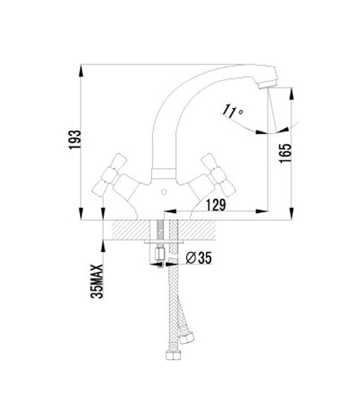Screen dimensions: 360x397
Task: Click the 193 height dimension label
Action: [75, 140]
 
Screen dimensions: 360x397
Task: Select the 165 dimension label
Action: [285, 154]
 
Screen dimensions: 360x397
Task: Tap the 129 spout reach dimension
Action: [216, 205]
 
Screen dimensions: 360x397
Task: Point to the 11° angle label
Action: [233, 110]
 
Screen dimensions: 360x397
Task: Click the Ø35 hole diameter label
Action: [199, 258]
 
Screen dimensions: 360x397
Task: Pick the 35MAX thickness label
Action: [97, 281]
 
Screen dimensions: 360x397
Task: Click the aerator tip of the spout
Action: [268, 84]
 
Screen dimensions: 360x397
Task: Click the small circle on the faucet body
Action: [164, 192]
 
